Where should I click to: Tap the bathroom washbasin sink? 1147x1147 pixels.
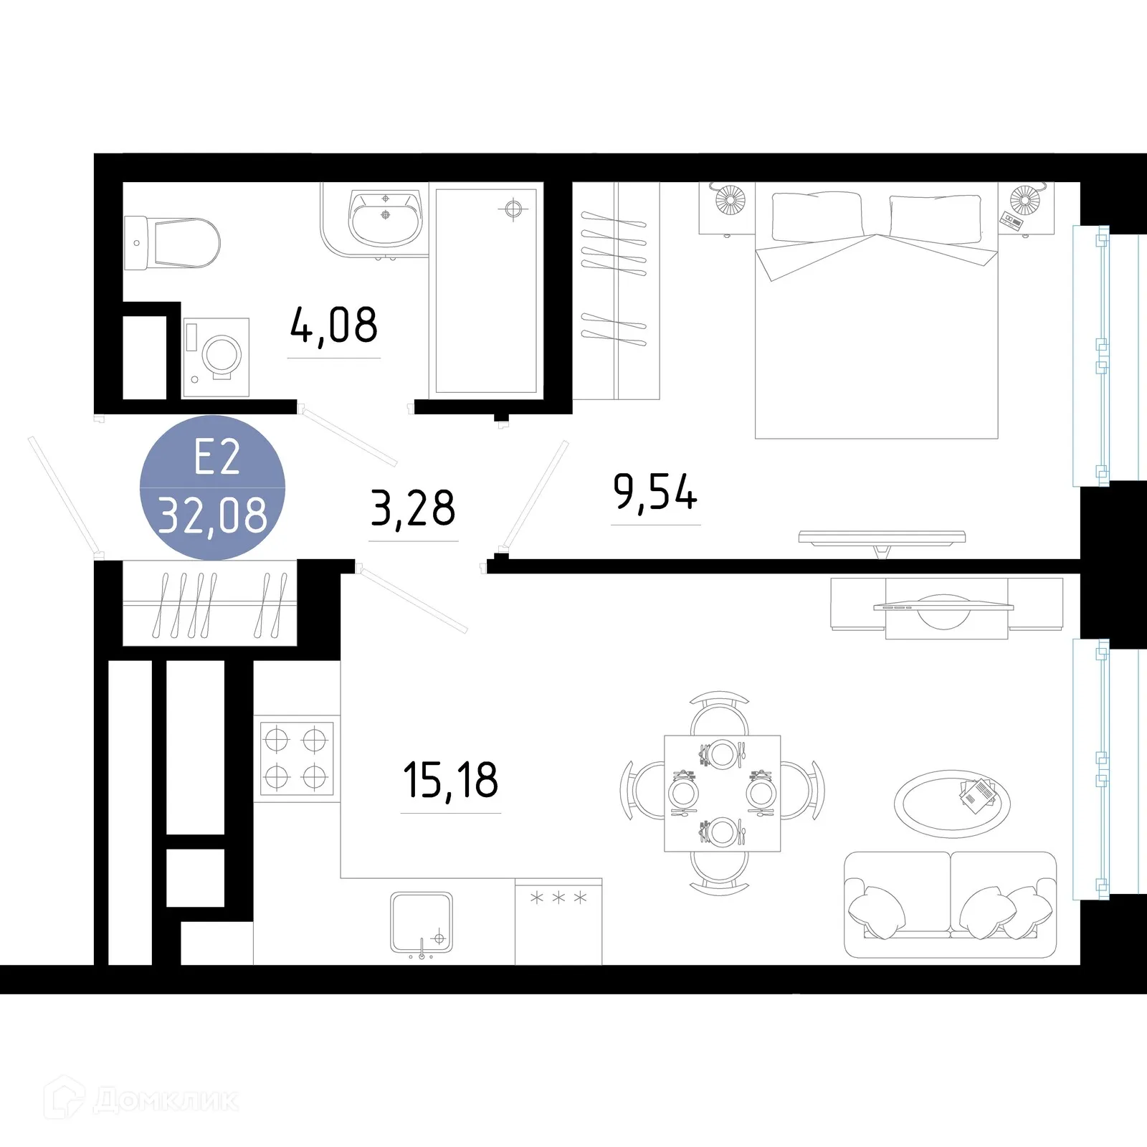click(x=385, y=216)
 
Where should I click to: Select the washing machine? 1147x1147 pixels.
click(x=216, y=357)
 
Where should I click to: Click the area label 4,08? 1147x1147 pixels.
click(x=334, y=325)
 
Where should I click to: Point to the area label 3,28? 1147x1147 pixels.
click(x=413, y=508)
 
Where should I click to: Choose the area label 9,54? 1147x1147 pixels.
click(x=655, y=493)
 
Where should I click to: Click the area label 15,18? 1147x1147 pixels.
click(x=450, y=781)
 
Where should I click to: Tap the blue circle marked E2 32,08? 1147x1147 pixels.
click(x=212, y=487)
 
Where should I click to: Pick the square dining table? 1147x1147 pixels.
click(x=722, y=793)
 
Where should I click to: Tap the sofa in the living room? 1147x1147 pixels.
click(x=950, y=905)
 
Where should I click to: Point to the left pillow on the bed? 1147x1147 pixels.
click(x=816, y=216)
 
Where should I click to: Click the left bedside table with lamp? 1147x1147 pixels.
click(x=727, y=208)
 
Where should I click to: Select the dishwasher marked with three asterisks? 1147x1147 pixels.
click(x=558, y=922)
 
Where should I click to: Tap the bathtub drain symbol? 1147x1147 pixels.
click(x=513, y=209)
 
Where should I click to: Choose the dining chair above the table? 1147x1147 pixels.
click(x=720, y=713)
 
